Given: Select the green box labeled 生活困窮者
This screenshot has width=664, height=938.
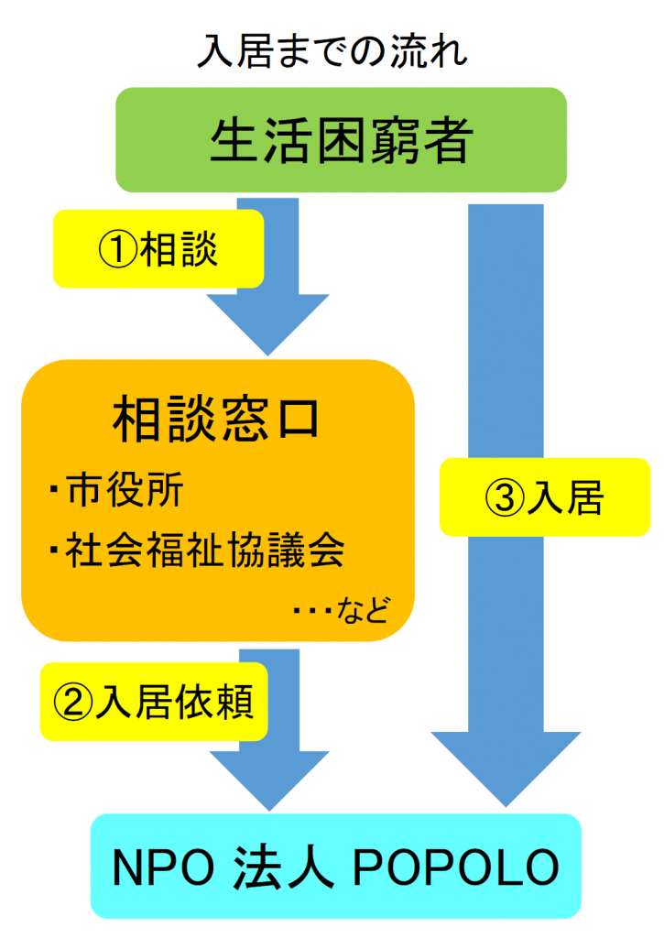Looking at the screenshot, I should pyautogui.click(x=341, y=140).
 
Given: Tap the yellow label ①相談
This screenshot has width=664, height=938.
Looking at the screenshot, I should pyautogui.click(x=158, y=248).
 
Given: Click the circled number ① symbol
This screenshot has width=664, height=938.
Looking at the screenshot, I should pyautogui.click(x=116, y=249).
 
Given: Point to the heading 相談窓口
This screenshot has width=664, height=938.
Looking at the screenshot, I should pyautogui.click(x=217, y=420).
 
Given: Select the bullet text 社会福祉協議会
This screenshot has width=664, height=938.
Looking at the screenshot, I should pyautogui.click(x=205, y=551).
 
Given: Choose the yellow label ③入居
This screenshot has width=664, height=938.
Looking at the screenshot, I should pyautogui.click(x=542, y=497).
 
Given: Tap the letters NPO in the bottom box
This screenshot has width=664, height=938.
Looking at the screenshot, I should pyautogui.click(x=159, y=867).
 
